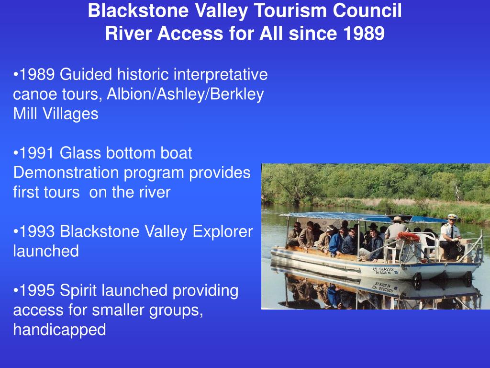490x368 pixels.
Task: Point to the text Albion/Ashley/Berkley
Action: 185,94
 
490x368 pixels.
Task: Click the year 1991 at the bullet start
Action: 36,153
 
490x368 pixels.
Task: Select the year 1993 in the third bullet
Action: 36,232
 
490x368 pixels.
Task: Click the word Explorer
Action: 223,232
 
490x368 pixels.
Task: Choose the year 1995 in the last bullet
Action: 36,291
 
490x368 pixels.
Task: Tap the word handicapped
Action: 59,330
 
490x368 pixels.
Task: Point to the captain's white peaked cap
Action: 452,217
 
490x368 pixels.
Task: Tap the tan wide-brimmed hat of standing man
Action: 397,219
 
